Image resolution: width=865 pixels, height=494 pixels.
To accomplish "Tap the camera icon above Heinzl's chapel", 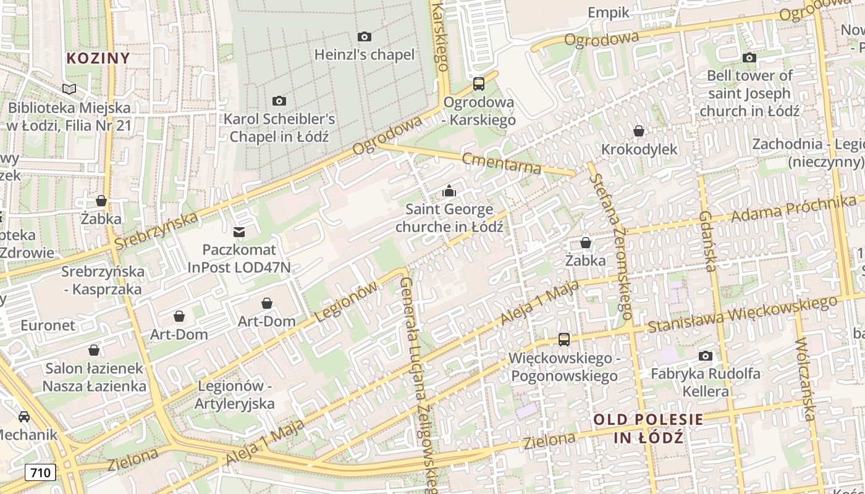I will coord(365,37).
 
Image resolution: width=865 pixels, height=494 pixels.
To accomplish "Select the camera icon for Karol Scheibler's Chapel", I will coord(279,101).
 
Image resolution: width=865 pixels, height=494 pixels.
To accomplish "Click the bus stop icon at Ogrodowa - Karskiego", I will coord(478,84).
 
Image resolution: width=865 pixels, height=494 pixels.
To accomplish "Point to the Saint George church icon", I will coord(449,191).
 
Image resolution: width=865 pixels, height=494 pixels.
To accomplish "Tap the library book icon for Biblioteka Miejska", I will coord(69,90).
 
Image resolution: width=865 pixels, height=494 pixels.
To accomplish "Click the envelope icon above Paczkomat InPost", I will coord(238,232).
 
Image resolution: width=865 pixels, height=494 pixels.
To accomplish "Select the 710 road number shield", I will coord(41,473).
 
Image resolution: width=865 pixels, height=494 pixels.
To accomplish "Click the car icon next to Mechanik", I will coord(24,417).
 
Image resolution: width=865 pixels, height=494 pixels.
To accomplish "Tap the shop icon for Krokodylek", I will coord(639,131).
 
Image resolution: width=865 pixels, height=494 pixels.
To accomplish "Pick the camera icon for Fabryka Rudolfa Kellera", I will coord(705,356).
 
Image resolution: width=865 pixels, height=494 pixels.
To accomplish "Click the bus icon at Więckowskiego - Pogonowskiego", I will coord(563,339).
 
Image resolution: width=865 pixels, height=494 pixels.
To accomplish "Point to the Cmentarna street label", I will coord(502,163).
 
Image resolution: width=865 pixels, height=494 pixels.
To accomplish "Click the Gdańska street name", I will coord(708,241).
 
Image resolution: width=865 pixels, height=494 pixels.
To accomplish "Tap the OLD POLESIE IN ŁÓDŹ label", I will coord(648,429).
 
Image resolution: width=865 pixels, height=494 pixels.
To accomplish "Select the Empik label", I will coord(608,12).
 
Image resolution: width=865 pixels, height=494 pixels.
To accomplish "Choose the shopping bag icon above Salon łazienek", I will coord(94,350).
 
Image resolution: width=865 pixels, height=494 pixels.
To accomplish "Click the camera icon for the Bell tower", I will coord(749,58).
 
